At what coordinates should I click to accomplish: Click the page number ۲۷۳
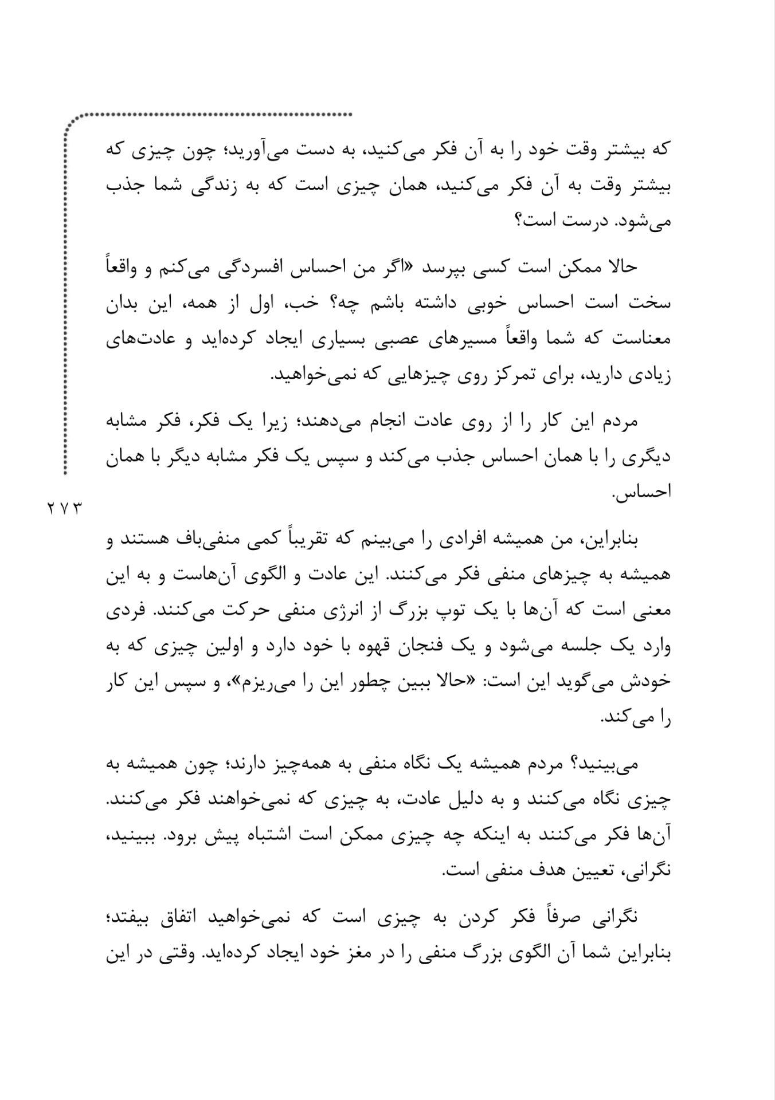pos(64,508)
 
